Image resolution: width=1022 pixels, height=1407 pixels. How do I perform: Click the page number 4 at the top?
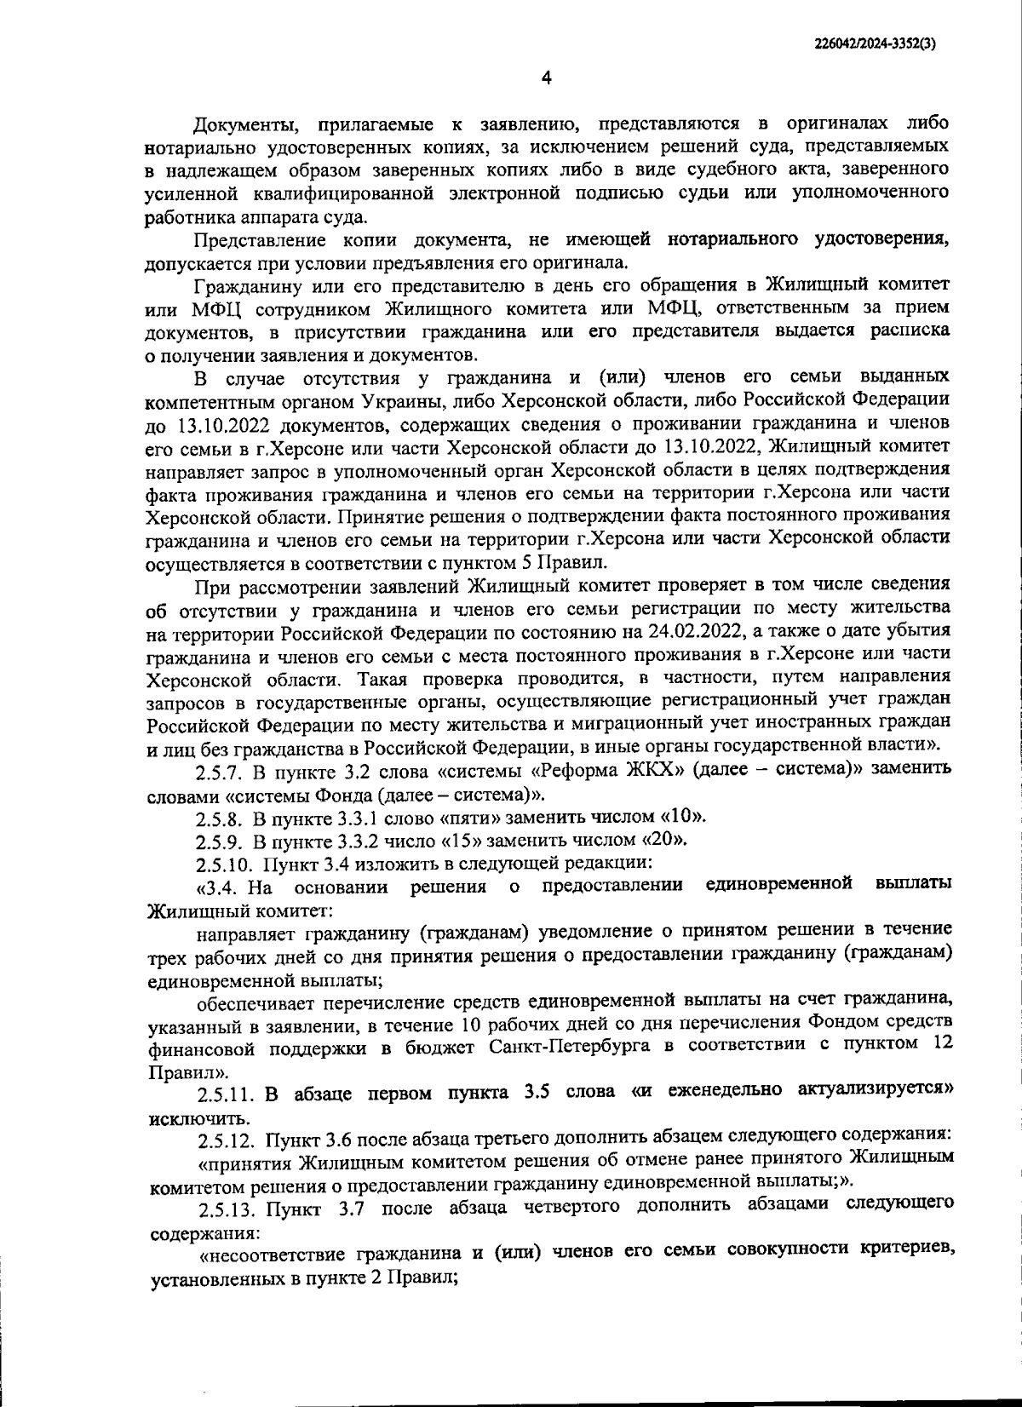[546, 78]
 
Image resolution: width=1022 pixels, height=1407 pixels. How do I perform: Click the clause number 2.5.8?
[220, 818]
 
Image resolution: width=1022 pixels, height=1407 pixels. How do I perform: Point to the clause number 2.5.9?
[220, 841]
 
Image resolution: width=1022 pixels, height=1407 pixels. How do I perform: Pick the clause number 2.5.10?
[224, 864]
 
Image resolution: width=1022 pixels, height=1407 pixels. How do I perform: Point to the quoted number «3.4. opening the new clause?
[222, 887]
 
